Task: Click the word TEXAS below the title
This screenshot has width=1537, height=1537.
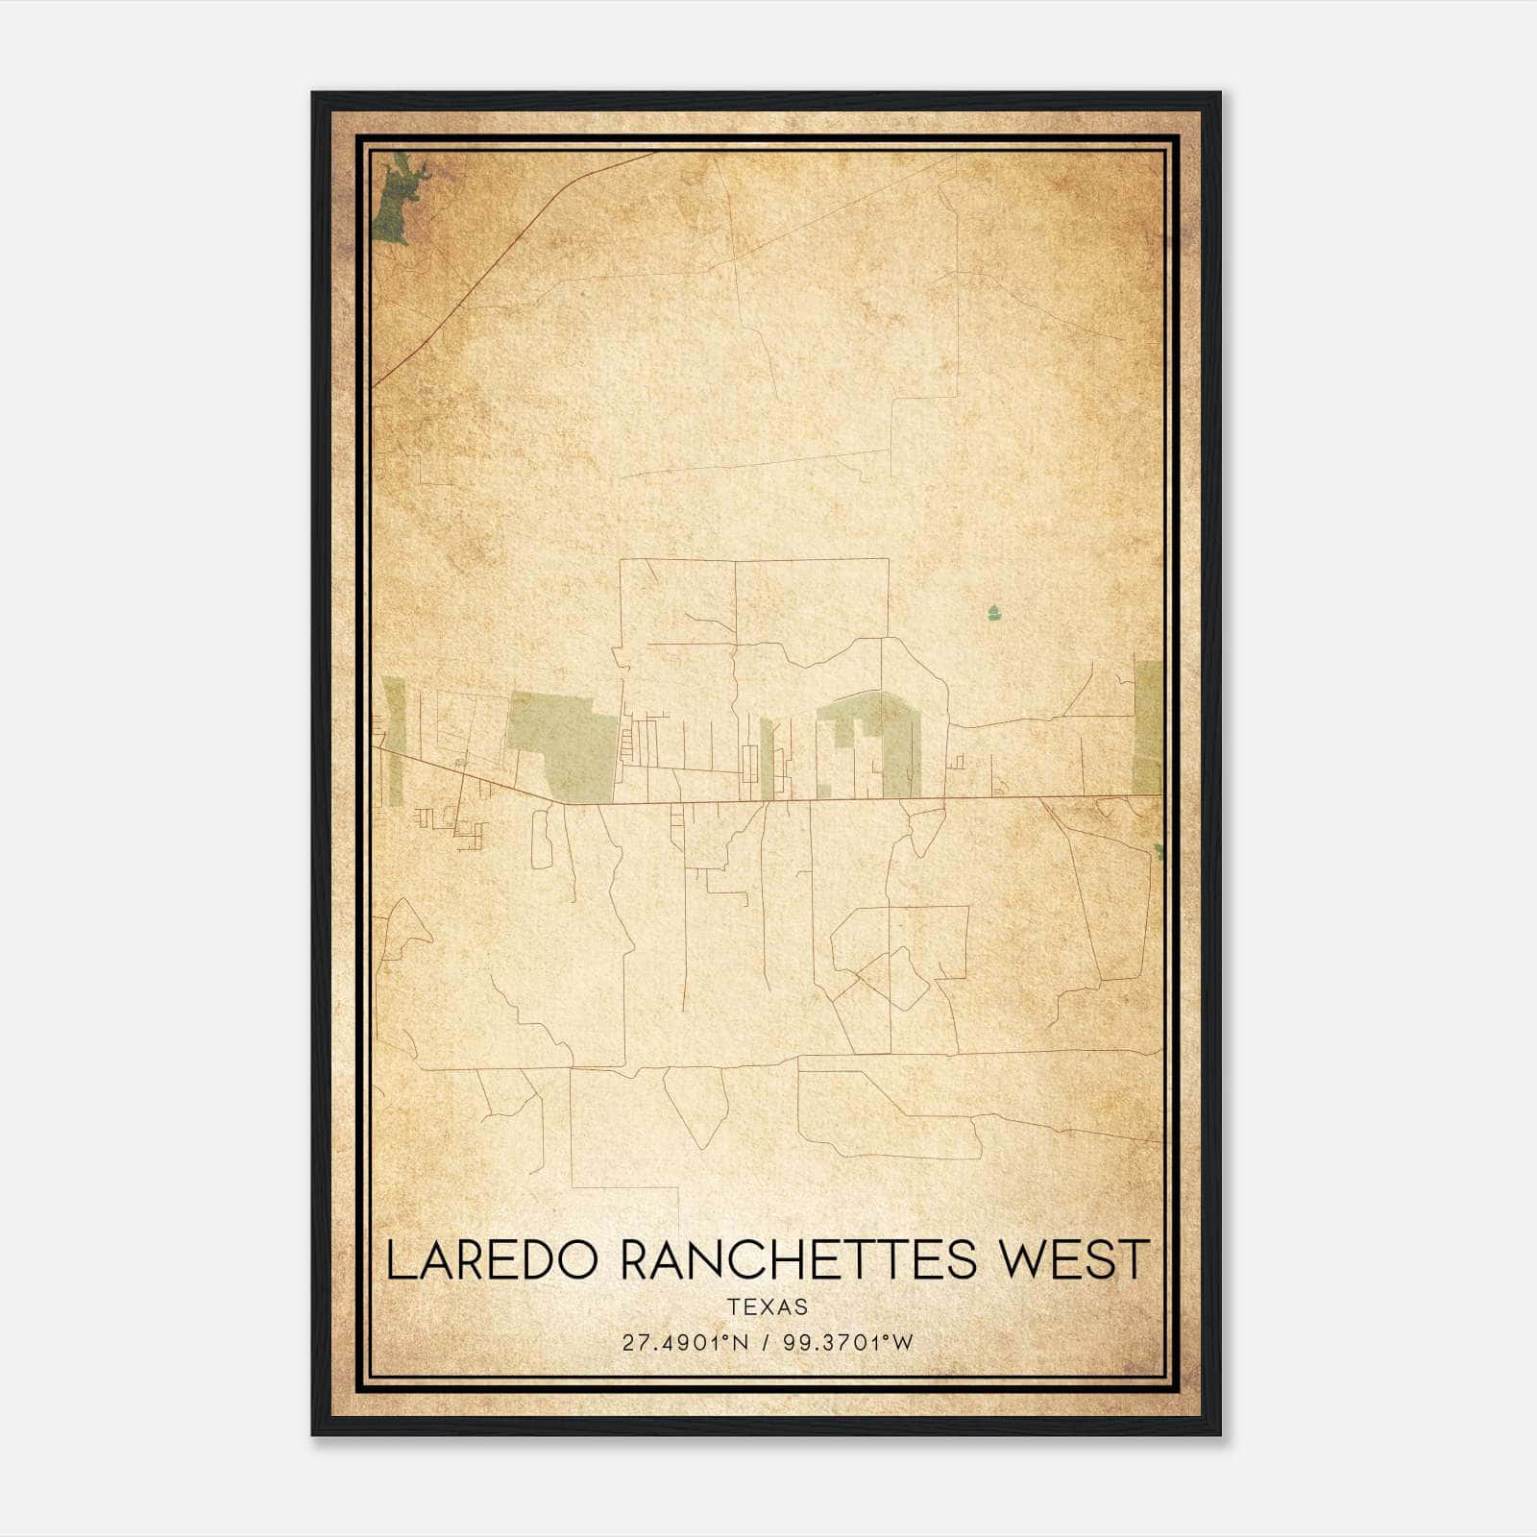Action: (768, 1306)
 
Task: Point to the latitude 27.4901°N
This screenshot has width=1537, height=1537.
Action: (685, 1342)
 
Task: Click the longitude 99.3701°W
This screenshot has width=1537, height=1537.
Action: (848, 1342)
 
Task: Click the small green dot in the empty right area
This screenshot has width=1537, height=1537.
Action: (993, 611)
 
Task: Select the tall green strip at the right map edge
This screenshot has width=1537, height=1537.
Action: (1148, 725)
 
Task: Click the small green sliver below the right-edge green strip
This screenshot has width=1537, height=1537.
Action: (1159, 851)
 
